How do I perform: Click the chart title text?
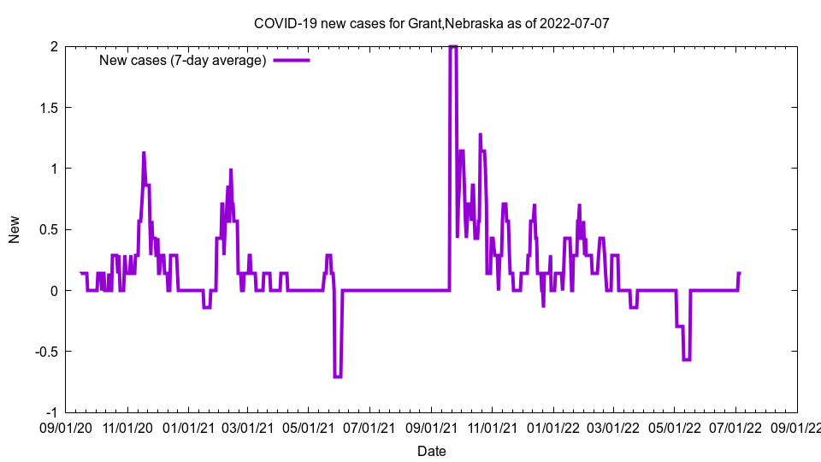pos(432,23)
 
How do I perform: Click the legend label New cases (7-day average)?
pos(183,60)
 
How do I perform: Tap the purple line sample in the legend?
pos(292,60)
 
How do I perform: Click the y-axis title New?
pos(15,229)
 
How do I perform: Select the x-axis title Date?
pos(432,451)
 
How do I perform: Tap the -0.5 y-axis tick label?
pos(45,352)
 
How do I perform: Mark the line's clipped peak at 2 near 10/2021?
pos(453,47)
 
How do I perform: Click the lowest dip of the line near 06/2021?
pos(338,376)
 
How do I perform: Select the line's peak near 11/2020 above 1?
pos(144,153)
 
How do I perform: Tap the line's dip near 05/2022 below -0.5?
pos(686,359)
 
